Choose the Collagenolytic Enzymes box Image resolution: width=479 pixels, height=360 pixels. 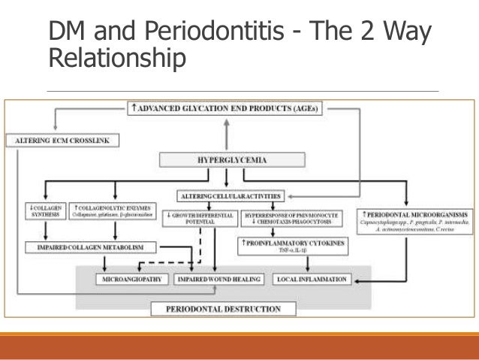114,213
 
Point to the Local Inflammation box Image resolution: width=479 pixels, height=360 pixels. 311,280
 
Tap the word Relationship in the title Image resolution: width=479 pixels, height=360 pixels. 116,59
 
